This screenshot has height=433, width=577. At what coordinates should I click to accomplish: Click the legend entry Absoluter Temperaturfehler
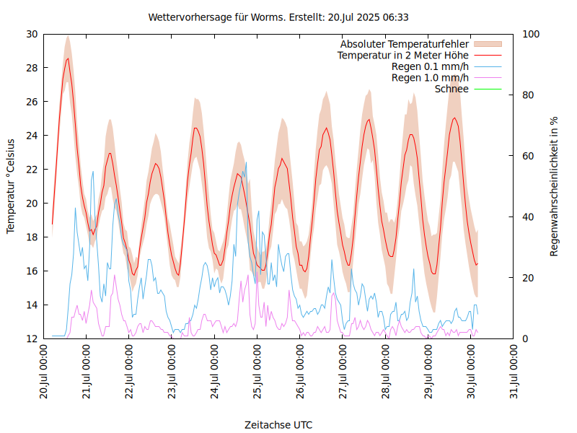point(405,43)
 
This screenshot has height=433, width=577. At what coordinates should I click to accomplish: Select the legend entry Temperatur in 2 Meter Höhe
point(403,55)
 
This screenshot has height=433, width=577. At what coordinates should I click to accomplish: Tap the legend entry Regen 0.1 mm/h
point(430,66)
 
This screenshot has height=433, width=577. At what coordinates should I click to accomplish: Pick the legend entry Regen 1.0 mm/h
point(430,77)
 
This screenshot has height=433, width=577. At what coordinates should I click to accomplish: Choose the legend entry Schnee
point(452,89)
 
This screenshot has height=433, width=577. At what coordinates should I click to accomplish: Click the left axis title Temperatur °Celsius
point(11,185)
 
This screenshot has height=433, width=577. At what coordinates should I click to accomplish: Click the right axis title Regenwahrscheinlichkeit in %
point(555,185)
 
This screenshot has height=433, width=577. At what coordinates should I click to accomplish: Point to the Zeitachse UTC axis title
point(278,424)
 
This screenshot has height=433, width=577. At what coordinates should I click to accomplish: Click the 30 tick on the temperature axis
point(32,34)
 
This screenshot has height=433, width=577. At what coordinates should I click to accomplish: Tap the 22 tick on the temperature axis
point(32,169)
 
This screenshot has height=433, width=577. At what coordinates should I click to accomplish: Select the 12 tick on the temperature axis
point(32,338)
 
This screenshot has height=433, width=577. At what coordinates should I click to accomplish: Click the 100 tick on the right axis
point(530,34)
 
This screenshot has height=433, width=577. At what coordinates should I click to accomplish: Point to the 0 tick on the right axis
point(524,338)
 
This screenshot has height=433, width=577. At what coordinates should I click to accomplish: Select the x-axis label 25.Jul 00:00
point(257,372)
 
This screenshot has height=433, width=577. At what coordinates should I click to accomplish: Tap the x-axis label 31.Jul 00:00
point(514,372)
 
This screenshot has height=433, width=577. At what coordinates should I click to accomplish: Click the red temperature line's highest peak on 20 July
point(68,58)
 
